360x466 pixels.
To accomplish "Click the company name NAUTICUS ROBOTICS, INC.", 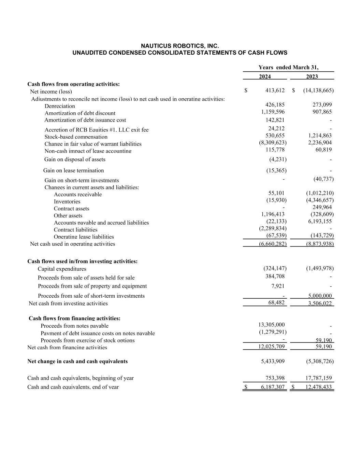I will point(180,46).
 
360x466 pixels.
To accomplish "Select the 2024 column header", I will point(265,76).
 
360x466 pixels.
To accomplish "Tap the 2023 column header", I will point(312,76).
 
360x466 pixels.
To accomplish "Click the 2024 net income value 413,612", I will point(275,90).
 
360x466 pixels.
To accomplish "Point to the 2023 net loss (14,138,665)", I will point(318,90).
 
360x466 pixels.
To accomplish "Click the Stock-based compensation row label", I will point(76,137).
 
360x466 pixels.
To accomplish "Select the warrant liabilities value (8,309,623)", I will point(273,143).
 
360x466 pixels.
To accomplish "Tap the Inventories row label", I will point(67,201).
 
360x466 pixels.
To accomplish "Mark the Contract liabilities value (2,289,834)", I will point(273,228).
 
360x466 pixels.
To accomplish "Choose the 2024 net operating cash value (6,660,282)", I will point(273,244).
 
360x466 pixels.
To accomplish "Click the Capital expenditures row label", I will point(62,269).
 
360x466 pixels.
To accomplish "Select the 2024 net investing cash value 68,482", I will point(276,302).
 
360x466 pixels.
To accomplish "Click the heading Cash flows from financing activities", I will point(74,318).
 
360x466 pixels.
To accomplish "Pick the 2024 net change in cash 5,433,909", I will point(273,361).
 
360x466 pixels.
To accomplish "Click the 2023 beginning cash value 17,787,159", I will point(317,378).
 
